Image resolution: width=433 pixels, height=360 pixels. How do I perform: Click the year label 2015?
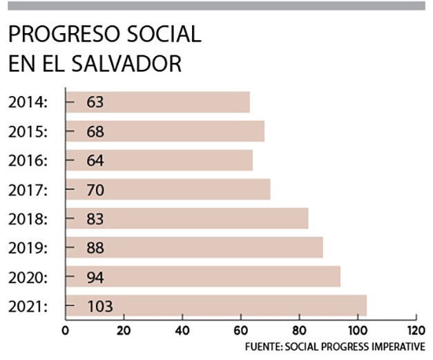[x=28, y=131]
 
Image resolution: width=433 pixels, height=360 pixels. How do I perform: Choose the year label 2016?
[x=28, y=160]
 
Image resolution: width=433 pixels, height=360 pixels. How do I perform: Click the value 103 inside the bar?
[x=99, y=305]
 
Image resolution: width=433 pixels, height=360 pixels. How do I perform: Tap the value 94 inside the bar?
[x=95, y=276]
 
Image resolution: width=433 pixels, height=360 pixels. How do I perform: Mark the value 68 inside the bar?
[x=95, y=131]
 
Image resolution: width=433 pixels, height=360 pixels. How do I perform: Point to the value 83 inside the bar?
[x=95, y=218]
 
